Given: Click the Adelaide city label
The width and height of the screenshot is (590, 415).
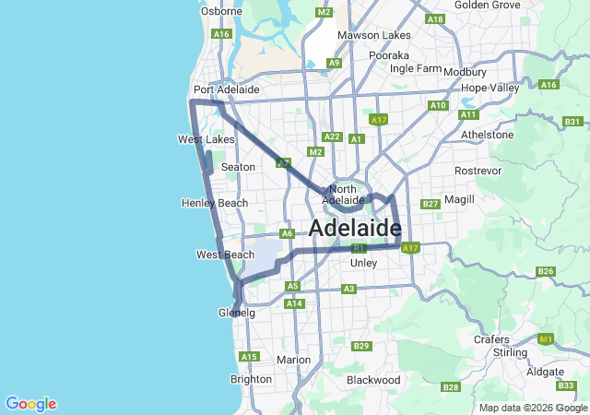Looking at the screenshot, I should (x=355, y=228).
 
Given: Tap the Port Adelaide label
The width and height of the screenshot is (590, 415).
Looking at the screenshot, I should (x=226, y=89).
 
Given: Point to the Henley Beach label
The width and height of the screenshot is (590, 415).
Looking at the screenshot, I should (x=215, y=203).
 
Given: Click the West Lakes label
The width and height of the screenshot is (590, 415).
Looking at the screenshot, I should (x=206, y=139).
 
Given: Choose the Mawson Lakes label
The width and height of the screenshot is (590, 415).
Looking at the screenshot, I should (x=373, y=35).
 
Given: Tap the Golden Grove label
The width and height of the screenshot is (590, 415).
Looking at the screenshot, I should (x=488, y=5).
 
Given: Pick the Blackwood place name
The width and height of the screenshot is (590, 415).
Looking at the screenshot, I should (x=372, y=380).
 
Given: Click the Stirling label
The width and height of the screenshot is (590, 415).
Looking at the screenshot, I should (x=510, y=352).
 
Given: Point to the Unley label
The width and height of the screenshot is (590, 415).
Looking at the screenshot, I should (x=364, y=263).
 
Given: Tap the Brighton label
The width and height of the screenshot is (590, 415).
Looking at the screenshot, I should (x=251, y=379).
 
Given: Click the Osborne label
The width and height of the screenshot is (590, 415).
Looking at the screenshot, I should (x=221, y=11).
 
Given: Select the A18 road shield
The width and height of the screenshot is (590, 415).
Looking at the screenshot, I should (x=435, y=19).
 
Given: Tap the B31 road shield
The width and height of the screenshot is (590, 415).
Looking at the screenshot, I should (x=572, y=122).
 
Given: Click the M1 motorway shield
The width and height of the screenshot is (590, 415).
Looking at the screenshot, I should (x=546, y=340).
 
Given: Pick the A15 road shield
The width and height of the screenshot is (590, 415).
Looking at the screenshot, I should (x=249, y=357).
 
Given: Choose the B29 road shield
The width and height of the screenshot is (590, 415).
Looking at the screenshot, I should (x=361, y=346).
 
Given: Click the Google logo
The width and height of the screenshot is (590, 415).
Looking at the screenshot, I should (x=30, y=404).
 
